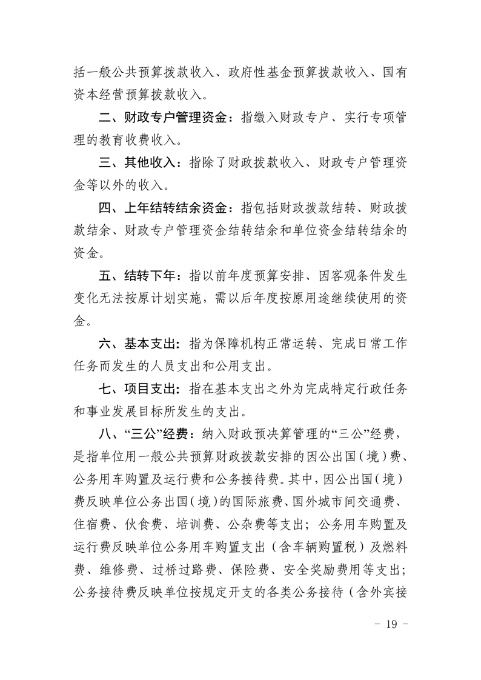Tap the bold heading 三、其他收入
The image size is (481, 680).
coord(139,163)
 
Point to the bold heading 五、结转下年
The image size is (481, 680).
coord(139,276)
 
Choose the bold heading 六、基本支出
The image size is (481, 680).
coord(139,344)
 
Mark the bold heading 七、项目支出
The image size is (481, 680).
coord(139,389)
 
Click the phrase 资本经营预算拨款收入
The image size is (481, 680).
coord(141,95)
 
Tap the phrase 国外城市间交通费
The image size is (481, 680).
coord(342,501)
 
